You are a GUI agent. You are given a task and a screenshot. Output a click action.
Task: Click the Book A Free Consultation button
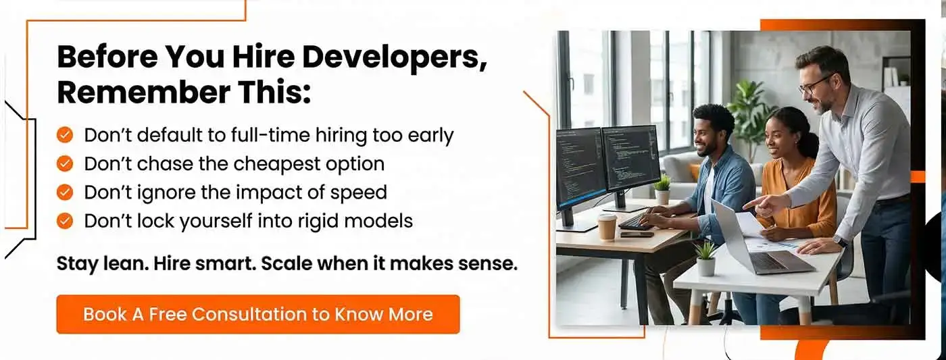[x=257, y=314]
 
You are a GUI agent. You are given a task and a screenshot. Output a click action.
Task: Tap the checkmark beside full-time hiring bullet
[x=65, y=135]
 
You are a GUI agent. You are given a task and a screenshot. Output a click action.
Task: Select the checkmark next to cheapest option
[x=65, y=163]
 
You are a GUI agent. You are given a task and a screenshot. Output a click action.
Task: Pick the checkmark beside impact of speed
[x=65, y=192]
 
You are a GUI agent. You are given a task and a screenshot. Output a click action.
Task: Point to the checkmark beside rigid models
[x=65, y=221]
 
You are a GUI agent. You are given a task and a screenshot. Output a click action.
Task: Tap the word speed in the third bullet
[x=359, y=192]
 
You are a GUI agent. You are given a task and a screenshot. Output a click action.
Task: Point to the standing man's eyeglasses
[x=814, y=84]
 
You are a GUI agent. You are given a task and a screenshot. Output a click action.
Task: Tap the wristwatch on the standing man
[x=841, y=241]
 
